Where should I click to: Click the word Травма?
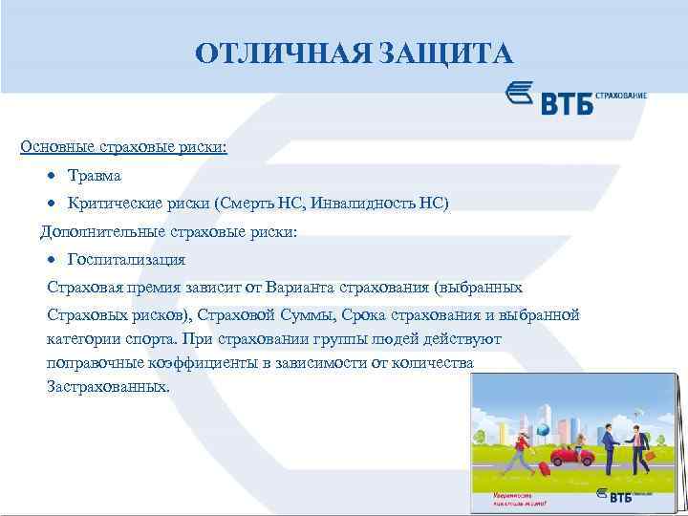(95, 176)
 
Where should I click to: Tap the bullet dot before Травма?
(54, 177)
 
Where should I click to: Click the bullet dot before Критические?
(54, 204)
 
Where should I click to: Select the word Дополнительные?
(102, 231)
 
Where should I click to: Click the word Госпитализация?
(126, 259)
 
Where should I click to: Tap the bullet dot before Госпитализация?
(54, 260)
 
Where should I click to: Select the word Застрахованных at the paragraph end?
(107, 389)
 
